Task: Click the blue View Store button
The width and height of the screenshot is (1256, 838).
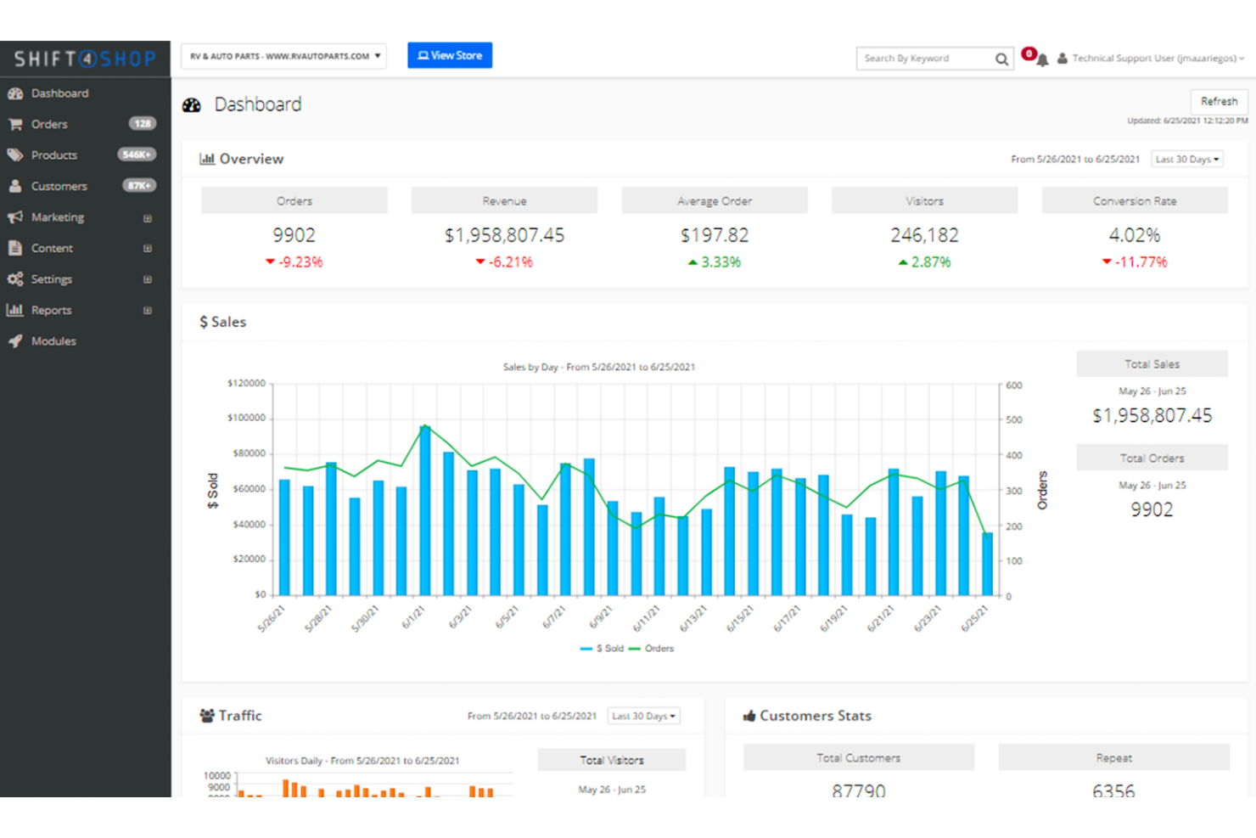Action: (x=450, y=55)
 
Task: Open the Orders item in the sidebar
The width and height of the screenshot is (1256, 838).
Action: (x=49, y=124)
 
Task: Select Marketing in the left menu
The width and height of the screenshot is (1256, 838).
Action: (x=57, y=217)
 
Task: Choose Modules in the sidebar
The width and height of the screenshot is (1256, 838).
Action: (x=53, y=341)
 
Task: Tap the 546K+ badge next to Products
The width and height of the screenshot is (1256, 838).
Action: (x=137, y=155)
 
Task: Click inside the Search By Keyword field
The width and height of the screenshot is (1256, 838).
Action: (x=925, y=59)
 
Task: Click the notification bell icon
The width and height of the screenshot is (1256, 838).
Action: (x=1042, y=59)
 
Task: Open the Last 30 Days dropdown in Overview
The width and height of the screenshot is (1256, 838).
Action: (x=1186, y=159)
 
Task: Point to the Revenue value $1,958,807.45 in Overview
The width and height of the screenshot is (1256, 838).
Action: (x=504, y=235)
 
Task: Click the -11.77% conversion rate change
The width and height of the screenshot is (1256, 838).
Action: (x=1140, y=262)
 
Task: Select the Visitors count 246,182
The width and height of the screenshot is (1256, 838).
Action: (x=924, y=235)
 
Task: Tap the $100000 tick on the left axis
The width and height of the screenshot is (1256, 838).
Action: (x=246, y=418)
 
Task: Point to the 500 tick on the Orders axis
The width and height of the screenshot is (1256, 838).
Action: (x=1014, y=420)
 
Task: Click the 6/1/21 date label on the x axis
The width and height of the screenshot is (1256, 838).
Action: (x=412, y=617)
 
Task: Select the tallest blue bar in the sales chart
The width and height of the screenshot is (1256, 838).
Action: (x=425, y=509)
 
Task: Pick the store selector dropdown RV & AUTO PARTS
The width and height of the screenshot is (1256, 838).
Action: (x=284, y=56)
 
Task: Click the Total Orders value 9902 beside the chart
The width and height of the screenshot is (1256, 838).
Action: (x=1152, y=509)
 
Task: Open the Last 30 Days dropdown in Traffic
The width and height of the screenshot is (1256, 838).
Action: (x=644, y=716)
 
